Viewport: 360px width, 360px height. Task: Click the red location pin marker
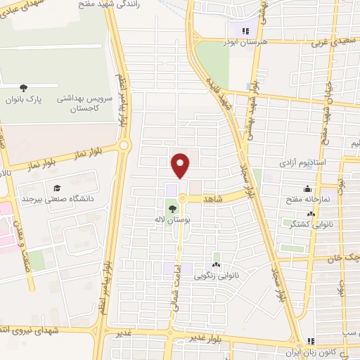(181, 165)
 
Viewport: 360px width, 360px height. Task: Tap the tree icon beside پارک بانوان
(24, 88)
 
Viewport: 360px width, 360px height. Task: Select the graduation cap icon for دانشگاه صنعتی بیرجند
(55, 188)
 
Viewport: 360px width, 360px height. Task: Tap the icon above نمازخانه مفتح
(307, 188)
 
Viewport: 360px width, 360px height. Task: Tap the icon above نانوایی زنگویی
(216, 265)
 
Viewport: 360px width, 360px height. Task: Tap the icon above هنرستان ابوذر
(245, 31)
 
